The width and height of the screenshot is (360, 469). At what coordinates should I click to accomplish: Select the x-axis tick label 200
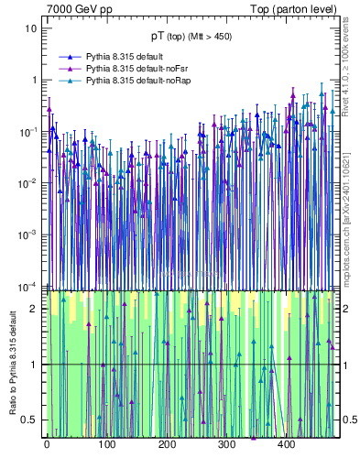[166, 444]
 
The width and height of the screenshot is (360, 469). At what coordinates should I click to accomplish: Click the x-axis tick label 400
[286, 444]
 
